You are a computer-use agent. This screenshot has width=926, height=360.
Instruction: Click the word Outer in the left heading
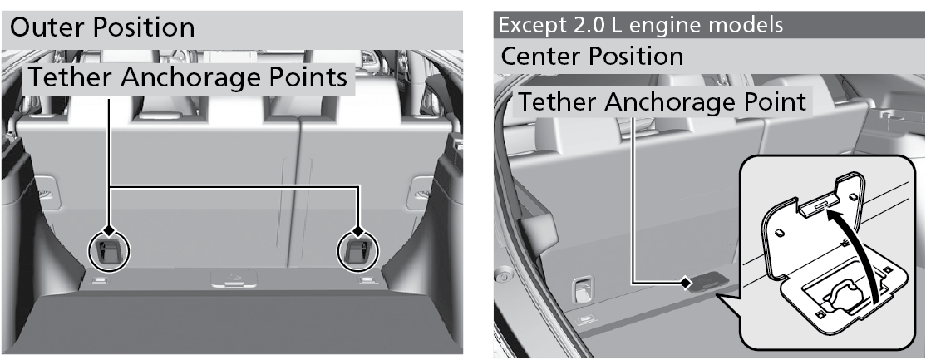[44, 27]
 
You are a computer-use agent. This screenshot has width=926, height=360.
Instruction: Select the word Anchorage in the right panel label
[670, 103]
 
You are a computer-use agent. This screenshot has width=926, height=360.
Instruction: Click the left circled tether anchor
[109, 252]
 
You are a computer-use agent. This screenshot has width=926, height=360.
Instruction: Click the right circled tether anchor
[358, 252]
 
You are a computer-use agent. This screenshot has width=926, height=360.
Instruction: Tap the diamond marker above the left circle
[109, 229]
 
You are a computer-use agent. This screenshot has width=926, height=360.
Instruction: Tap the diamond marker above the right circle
[358, 229]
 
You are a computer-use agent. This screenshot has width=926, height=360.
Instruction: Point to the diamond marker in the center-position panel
[685, 284]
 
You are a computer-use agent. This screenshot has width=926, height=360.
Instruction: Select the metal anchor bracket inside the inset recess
[840, 296]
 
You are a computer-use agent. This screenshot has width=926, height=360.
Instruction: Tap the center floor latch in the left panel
[234, 279]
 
